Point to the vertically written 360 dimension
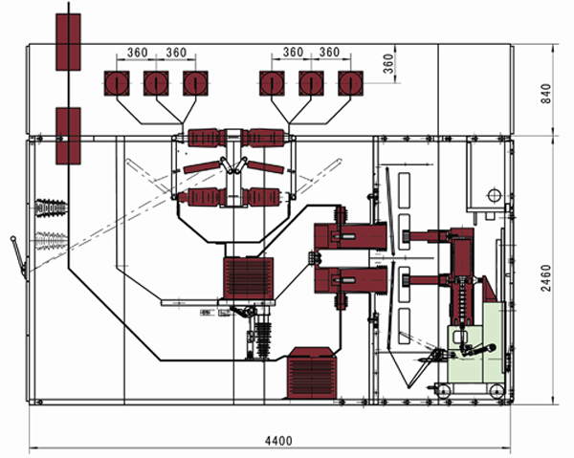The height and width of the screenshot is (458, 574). pos(388,62)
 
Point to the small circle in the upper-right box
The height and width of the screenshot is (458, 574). pos(495,196)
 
